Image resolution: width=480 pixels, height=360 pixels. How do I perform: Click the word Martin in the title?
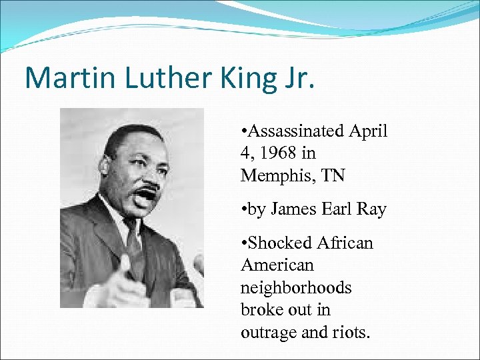point(62,78)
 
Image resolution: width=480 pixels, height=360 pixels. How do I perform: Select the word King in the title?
point(236,79)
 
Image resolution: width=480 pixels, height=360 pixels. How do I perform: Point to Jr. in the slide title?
point(296,79)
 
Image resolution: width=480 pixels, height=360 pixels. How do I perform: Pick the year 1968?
point(279,154)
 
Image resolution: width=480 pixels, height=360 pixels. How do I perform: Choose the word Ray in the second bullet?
point(372,209)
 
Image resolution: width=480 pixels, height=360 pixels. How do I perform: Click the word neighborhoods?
point(296,288)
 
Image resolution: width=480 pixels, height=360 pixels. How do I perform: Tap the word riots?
point(351,332)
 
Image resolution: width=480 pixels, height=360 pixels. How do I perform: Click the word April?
point(367,131)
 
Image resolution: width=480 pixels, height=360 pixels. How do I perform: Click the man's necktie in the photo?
point(134,250)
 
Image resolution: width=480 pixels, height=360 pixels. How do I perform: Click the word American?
point(277,265)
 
